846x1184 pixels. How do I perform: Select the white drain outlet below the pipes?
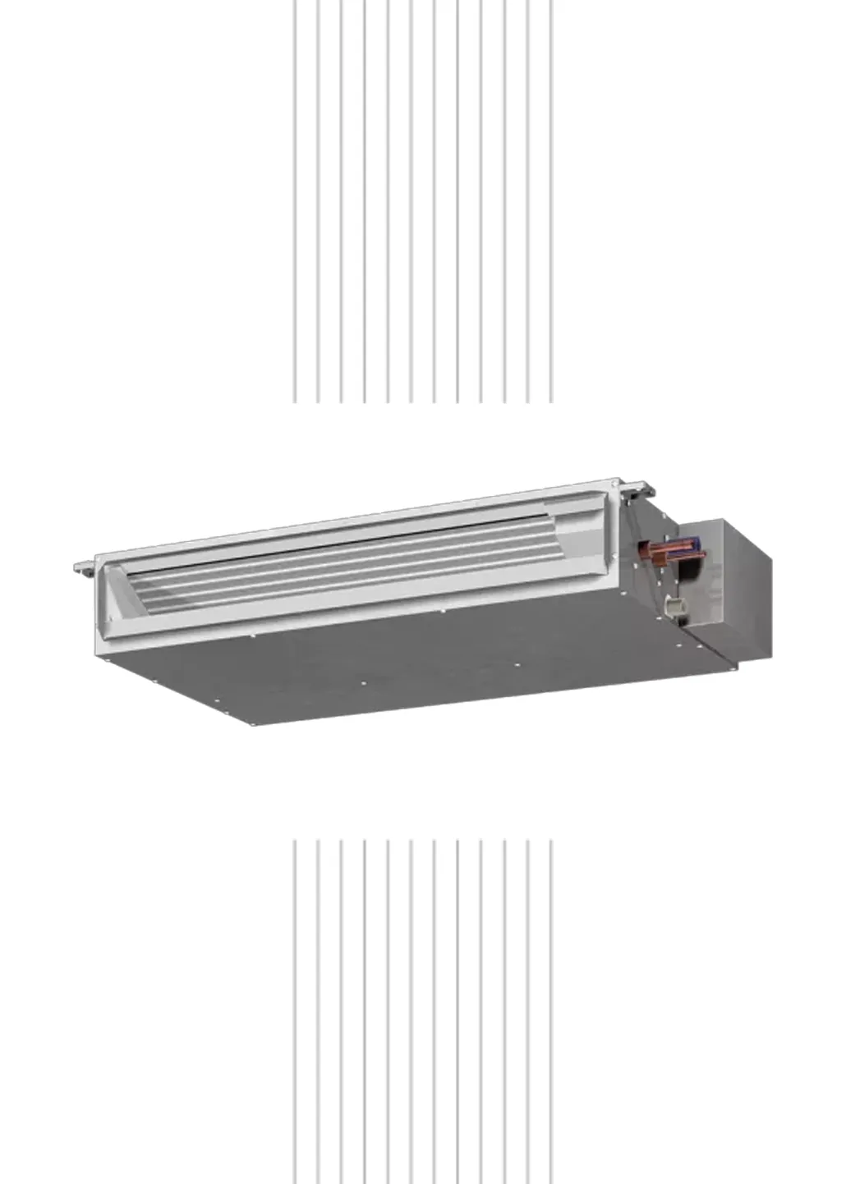pos(674,606)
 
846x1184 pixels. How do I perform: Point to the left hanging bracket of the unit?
pos(83,567)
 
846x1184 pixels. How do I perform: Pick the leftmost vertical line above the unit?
pos(294,201)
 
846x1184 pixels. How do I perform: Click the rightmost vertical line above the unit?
pos(552,201)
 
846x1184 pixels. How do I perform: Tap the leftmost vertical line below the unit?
pos(294,1010)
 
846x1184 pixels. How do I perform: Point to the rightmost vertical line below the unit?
pos(552,1010)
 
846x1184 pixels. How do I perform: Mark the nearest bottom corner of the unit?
pos(250,723)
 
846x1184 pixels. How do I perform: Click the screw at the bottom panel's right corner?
pos(726,669)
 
